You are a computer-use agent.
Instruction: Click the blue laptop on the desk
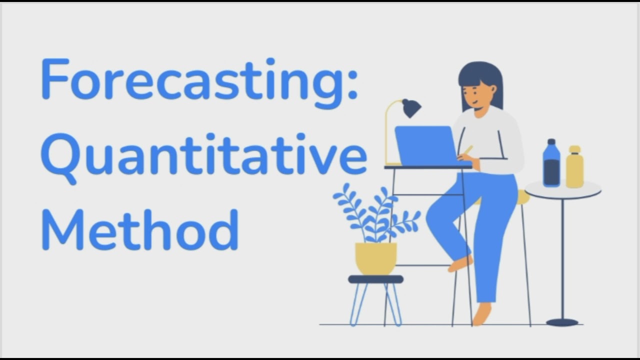pyautogui.click(x=425, y=145)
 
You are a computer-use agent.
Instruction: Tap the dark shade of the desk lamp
pyautogui.click(x=411, y=107)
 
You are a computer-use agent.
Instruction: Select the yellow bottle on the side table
pyautogui.click(x=575, y=167)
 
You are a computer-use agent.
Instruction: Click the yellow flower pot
pyautogui.click(x=376, y=258)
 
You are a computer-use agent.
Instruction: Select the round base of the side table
pyautogui.click(x=562, y=322)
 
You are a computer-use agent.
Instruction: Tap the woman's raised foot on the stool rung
pyautogui.click(x=460, y=263)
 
